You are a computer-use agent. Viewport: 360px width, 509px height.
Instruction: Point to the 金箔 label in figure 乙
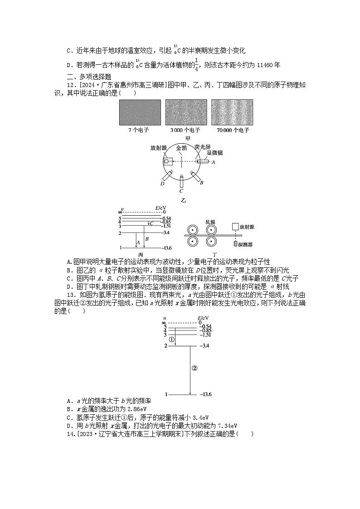(x=181, y=148)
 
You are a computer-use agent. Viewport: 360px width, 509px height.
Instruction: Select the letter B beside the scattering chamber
(x=202, y=182)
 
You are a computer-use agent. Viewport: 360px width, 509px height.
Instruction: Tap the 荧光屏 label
(x=202, y=147)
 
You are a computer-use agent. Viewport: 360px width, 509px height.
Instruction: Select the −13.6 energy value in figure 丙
(x=166, y=248)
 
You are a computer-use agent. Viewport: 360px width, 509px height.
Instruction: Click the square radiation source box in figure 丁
(x=235, y=226)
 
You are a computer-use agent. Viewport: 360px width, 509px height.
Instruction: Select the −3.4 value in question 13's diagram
(x=204, y=346)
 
